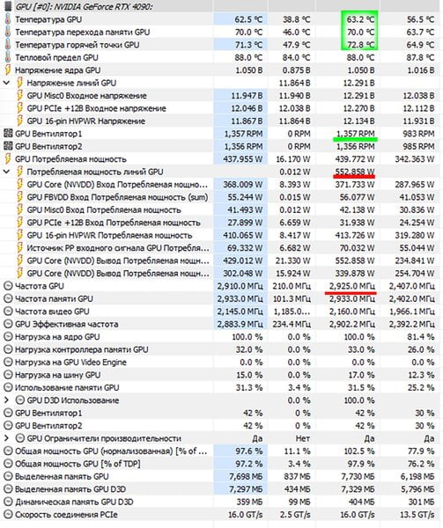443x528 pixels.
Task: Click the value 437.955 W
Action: pos(242,159)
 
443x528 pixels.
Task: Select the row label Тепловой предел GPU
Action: pos(56,57)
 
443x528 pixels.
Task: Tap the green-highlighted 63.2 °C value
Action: pos(360,19)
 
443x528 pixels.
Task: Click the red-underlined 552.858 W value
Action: pos(355,172)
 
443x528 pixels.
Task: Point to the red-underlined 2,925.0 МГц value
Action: pos(351,286)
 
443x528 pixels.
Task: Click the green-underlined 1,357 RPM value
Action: pos(356,134)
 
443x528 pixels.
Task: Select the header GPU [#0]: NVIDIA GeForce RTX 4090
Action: pos(85,6)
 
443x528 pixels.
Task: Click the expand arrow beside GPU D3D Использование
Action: pos(6,400)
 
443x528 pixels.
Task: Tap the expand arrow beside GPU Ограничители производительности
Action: pos(6,438)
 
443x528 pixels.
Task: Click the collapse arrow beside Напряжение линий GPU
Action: pos(6,83)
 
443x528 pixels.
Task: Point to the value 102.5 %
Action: pos(360,451)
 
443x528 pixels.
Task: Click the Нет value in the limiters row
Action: pos(302,438)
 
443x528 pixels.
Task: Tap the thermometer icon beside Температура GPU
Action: pos(7,19)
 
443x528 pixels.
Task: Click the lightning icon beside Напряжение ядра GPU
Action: pos(7,70)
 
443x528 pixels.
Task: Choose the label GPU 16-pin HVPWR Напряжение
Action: pos(86,121)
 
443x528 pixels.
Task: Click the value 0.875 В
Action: pos(296,70)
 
